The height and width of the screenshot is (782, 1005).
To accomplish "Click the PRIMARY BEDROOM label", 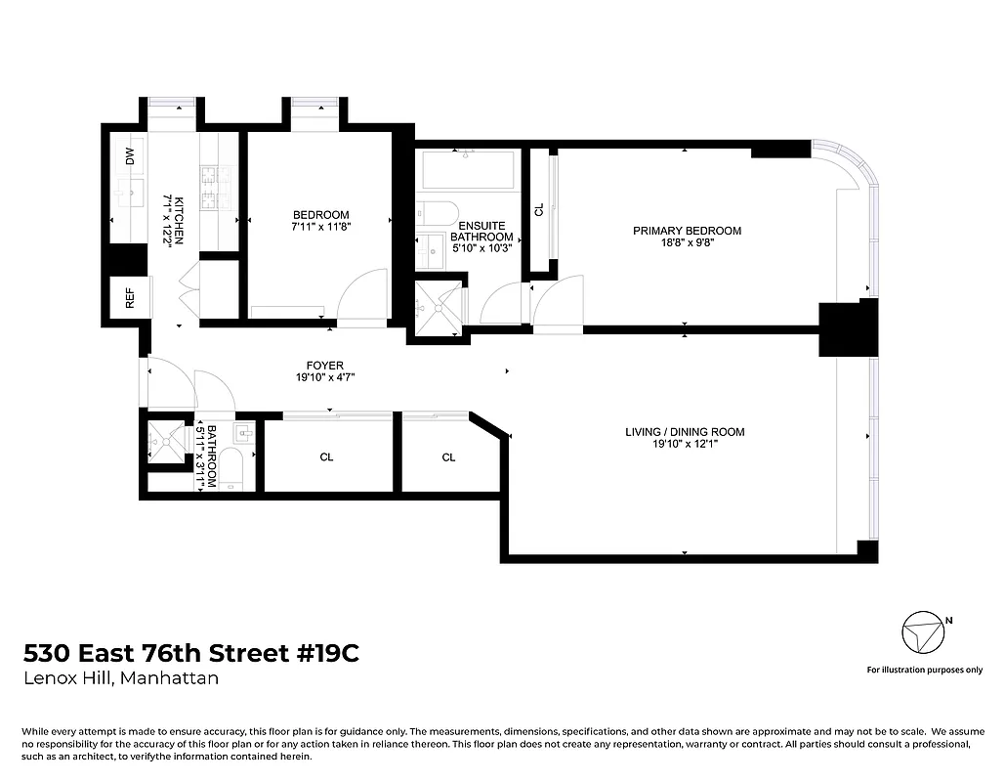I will click(x=687, y=231).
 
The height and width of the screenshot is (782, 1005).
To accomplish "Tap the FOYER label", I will click(x=325, y=366).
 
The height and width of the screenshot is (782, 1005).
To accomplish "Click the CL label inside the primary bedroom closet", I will click(x=538, y=209).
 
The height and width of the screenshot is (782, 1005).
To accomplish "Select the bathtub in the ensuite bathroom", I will click(x=467, y=171).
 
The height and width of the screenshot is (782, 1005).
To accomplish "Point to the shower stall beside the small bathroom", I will click(x=165, y=443).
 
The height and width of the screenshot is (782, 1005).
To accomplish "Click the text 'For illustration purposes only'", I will click(x=924, y=670).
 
